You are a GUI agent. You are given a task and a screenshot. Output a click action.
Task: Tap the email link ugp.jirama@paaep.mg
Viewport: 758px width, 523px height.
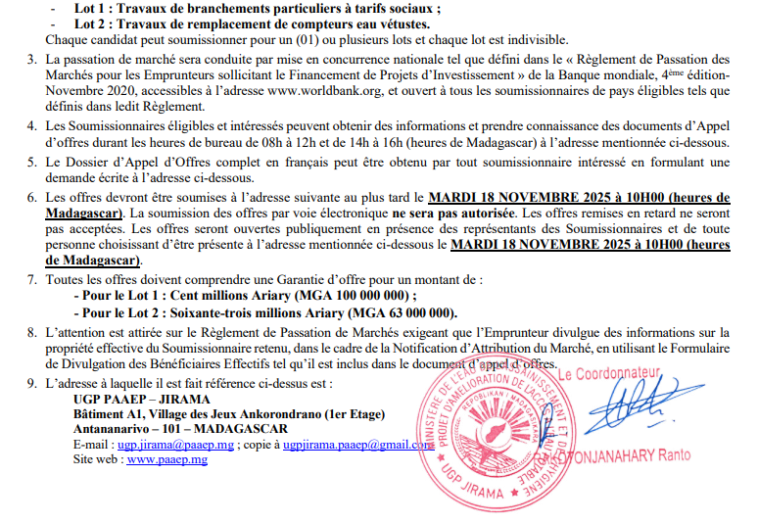click(171, 444)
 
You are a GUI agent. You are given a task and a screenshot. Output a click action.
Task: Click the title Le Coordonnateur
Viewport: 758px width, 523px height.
click(613, 374)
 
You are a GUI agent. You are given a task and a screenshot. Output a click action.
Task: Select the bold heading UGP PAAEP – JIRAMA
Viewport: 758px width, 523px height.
click(134, 400)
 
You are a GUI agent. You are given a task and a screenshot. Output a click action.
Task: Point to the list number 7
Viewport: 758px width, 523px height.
click(32, 279)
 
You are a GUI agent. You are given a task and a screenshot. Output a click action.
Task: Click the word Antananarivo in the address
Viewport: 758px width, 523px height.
click(113, 429)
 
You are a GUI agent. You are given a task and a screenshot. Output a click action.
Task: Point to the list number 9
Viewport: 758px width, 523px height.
click(32, 383)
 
